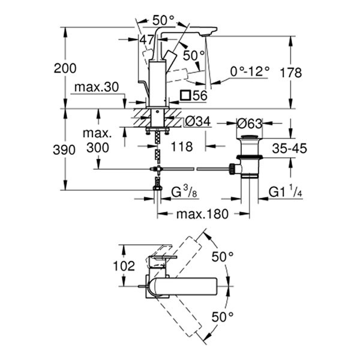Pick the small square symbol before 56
[x=185, y=95]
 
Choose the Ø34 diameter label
[x=197, y=122]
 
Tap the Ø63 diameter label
[x=250, y=124]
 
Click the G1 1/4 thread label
[x=285, y=193]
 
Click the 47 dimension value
[x=147, y=40]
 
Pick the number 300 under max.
[x=95, y=147]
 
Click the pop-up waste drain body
[x=248, y=156]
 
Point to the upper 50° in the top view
[x=223, y=256]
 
